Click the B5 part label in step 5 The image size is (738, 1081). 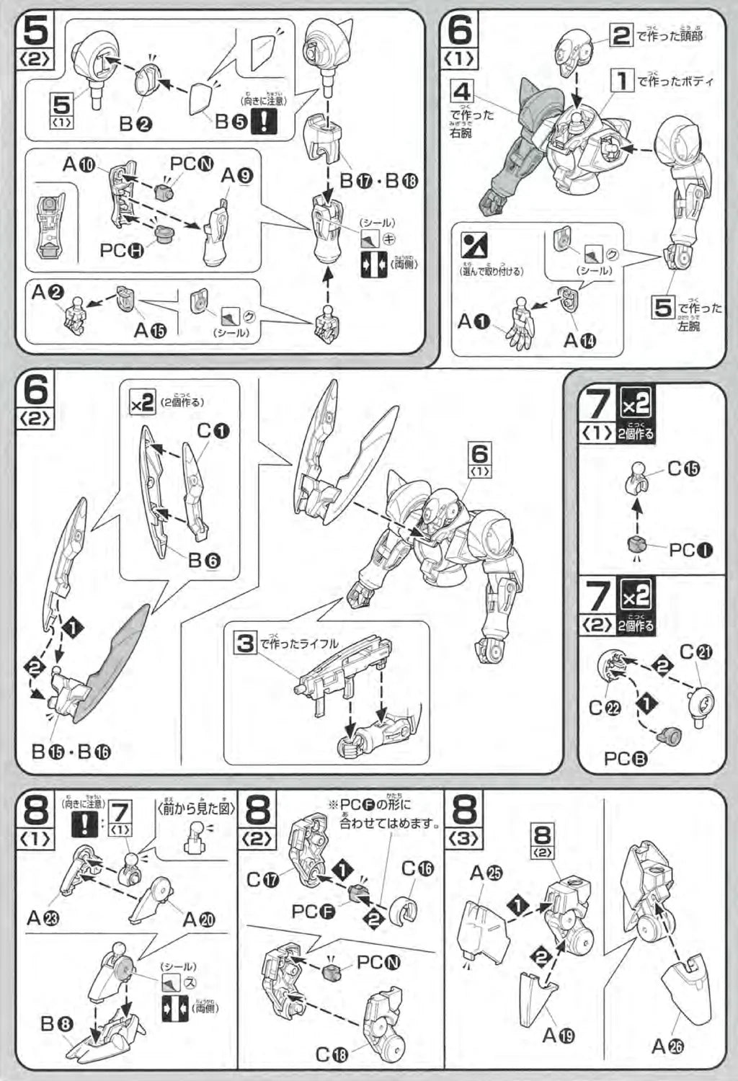pos(231,121)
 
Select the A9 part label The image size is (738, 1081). pos(237,175)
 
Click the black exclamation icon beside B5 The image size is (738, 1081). pos(263,121)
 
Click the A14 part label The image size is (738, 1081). pos(579,339)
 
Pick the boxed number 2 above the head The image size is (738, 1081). pos(621,35)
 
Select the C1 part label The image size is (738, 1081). pos(213,431)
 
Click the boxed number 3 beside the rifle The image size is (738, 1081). pos(246,642)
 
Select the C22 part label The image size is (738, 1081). pos(604,708)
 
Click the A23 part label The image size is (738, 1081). pos(43,917)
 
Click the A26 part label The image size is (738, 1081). pos(667,1046)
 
